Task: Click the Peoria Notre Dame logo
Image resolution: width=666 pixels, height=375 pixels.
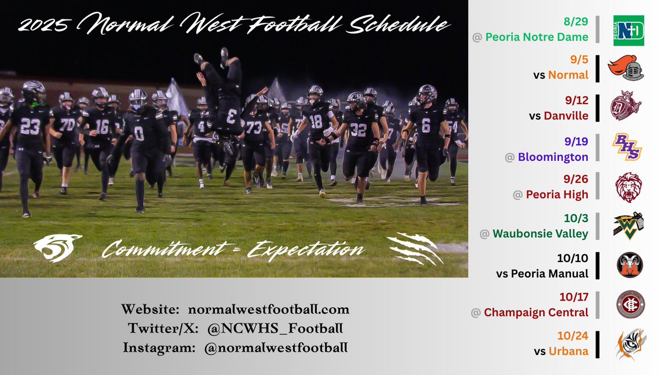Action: (628, 30)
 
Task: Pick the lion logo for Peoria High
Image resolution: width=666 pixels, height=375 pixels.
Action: (628, 187)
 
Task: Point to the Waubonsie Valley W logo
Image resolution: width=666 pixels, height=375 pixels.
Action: (628, 227)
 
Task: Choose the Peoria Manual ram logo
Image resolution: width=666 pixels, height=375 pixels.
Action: (630, 266)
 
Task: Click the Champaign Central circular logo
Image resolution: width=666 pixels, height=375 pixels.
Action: (630, 305)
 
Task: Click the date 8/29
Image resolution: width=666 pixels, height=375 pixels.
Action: (576, 23)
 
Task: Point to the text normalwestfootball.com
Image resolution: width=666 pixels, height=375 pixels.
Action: (269, 309)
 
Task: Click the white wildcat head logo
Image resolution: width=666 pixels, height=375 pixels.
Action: (58, 248)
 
